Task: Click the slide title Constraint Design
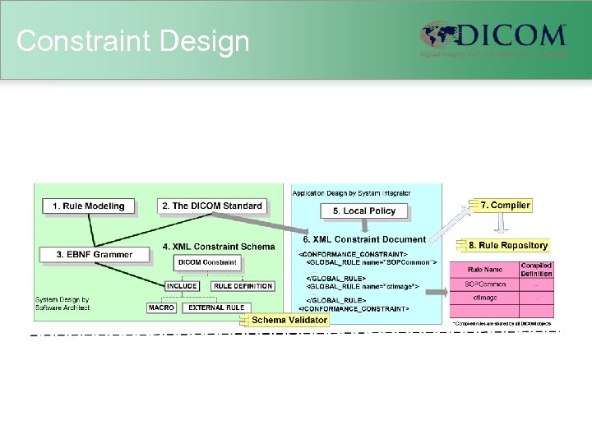(132, 40)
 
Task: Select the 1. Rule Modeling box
(88, 206)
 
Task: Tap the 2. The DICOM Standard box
(212, 206)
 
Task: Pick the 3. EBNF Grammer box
(95, 255)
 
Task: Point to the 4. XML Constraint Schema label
(219, 246)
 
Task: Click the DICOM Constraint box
(208, 263)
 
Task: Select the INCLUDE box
(182, 286)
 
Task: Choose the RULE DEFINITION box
(243, 286)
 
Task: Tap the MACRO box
(161, 308)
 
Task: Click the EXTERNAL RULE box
(215, 308)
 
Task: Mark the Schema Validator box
(289, 320)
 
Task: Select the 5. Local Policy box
(364, 211)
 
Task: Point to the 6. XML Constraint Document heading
(364, 239)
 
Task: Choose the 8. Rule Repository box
(507, 245)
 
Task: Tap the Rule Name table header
(484, 270)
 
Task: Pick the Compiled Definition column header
(536, 270)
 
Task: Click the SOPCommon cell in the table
(484, 284)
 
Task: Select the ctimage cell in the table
(484, 298)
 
